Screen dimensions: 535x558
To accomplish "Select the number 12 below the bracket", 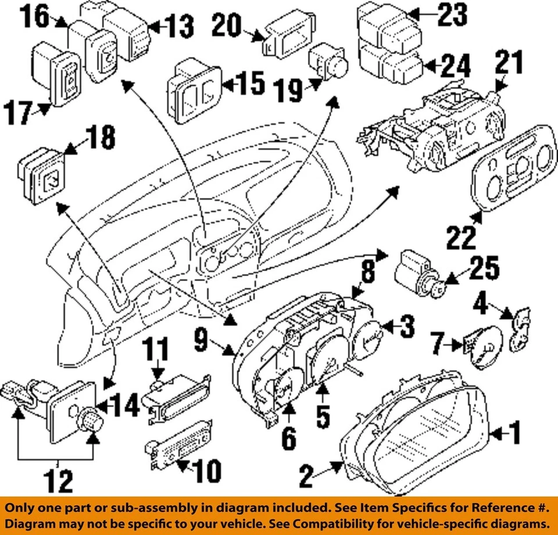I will (x=58, y=482).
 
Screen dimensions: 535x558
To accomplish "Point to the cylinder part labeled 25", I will (x=417, y=273).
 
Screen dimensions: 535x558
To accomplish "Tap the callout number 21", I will (x=509, y=65).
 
